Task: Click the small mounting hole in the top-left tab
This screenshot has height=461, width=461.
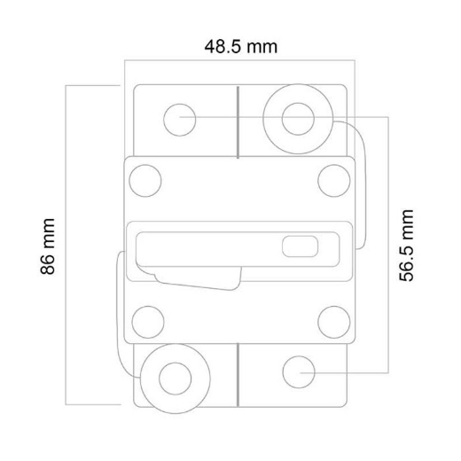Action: click(181, 117)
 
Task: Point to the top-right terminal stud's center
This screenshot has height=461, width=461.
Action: click(298, 117)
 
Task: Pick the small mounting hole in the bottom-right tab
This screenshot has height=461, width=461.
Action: click(297, 372)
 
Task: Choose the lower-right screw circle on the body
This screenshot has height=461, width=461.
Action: click(333, 319)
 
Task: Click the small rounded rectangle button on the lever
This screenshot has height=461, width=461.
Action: click(298, 246)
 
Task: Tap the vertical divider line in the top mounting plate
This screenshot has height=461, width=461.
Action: click(238, 120)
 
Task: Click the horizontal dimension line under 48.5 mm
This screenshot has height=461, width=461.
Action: click(239, 61)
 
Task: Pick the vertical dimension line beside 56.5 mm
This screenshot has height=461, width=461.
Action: click(387, 244)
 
